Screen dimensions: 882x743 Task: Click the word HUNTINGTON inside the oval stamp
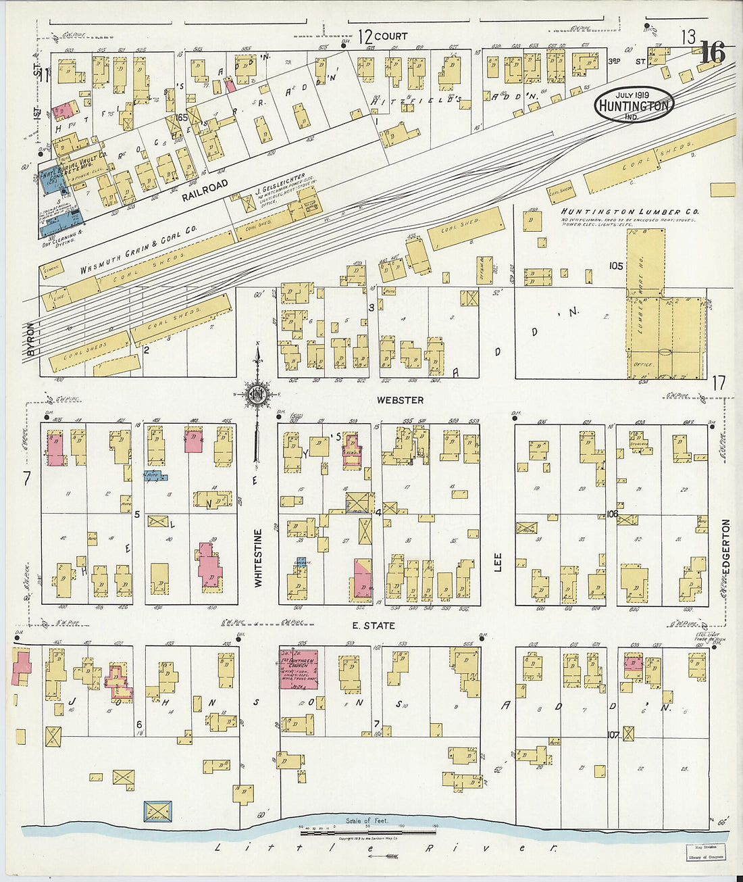[x=634, y=105]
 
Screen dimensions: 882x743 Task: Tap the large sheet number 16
[x=712, y=53]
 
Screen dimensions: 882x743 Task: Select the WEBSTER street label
[x=400, y=400]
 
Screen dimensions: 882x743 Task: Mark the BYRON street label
[x=30, y=339]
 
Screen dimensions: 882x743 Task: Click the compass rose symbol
[x=257, y=394]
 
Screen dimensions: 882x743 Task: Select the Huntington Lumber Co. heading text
[x=630, y=212]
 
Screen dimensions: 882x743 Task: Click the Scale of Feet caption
[x=367, y=820]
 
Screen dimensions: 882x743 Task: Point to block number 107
[x=613, y=735]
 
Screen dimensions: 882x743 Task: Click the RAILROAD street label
[x=205, y=189]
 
